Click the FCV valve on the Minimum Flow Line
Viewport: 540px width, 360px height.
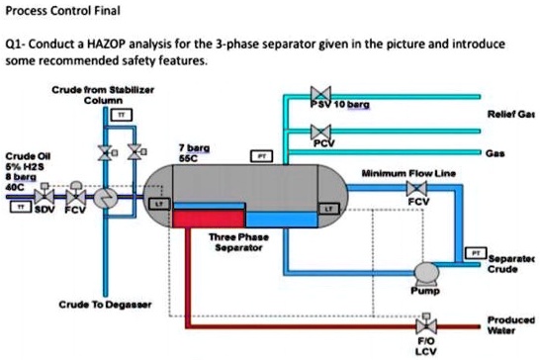pos(418,189)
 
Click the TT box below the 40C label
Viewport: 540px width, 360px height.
pos(18,209)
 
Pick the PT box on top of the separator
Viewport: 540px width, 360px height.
pos(262,155)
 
